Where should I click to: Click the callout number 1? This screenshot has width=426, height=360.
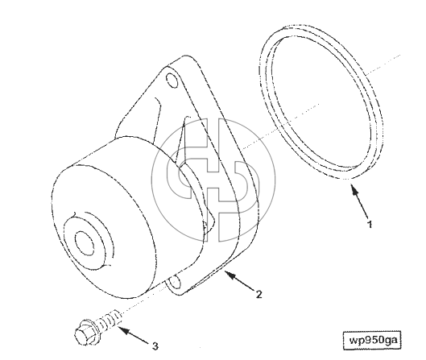[x=370, y=224]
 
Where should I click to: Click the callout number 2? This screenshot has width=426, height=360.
[x=259, y=294]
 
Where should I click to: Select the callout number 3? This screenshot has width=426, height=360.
[x=155, y=346]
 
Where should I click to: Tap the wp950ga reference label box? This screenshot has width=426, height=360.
[x=372, y=340]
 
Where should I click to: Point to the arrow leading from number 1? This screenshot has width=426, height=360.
[x=359, y=201]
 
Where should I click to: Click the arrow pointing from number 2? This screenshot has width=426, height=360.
[x=239, y=280]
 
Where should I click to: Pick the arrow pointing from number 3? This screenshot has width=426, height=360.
[x=134, y=335]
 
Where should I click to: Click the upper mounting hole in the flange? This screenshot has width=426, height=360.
[x=172, y=81]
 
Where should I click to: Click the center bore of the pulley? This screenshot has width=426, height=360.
[x=85, y=243]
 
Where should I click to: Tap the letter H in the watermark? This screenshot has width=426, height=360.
[x=213, y=180]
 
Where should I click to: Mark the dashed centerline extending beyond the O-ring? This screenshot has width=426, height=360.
[x=383, y=64]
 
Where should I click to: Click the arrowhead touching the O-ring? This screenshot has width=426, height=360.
[x=354, y=188]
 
